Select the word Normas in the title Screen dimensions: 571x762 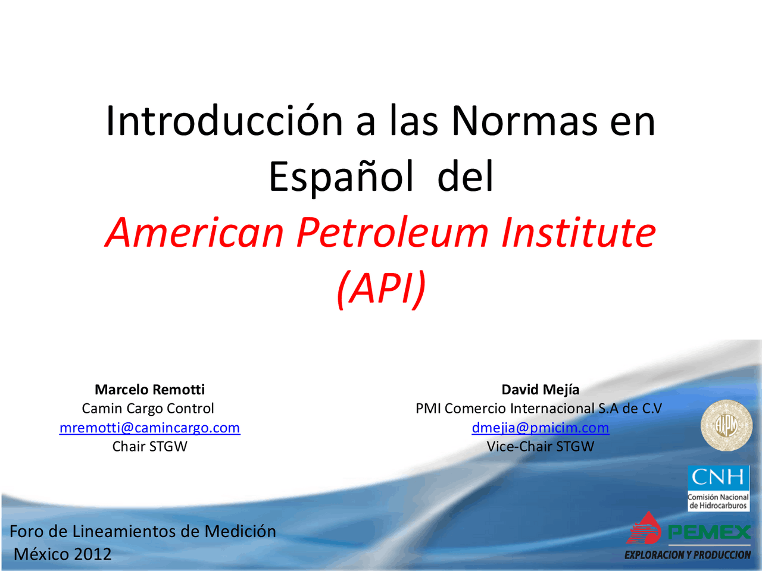pos(524,121)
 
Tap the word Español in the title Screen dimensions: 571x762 pos(341,177)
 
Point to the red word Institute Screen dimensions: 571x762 pos(578,232)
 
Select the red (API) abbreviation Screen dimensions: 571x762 pos(381,288)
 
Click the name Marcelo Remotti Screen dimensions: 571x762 pos(149,390)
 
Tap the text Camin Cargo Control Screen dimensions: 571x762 pos(148,409)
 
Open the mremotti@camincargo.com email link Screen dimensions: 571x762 pos(149,428)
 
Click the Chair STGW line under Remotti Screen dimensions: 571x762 pos(149,447)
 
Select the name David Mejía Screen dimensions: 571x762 pos(540,390)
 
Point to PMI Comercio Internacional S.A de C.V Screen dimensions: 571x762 pos(539,409)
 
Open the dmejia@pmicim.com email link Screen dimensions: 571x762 pos(540,428)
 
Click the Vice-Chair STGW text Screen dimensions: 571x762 pos(540,447)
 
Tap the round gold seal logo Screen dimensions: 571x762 pos(726,425)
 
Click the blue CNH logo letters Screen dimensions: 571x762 pos(718,477)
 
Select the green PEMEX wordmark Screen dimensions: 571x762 pos(709,532)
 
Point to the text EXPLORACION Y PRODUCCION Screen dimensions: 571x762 pos(688,555)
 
